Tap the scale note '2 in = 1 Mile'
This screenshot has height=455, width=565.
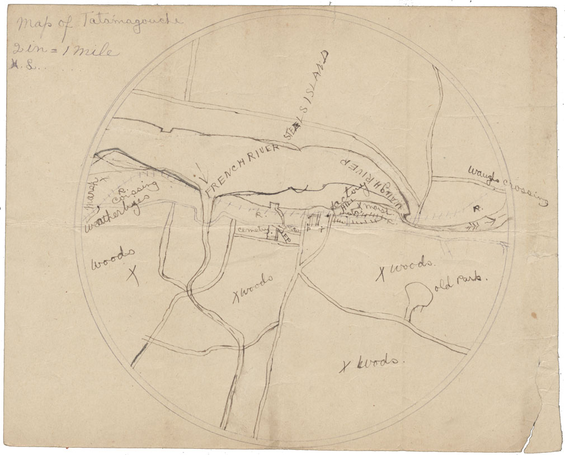[x=64, y=51]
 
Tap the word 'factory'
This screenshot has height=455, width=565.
[x=346, y=195]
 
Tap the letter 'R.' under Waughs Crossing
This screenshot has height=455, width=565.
[x=477, y=209]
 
